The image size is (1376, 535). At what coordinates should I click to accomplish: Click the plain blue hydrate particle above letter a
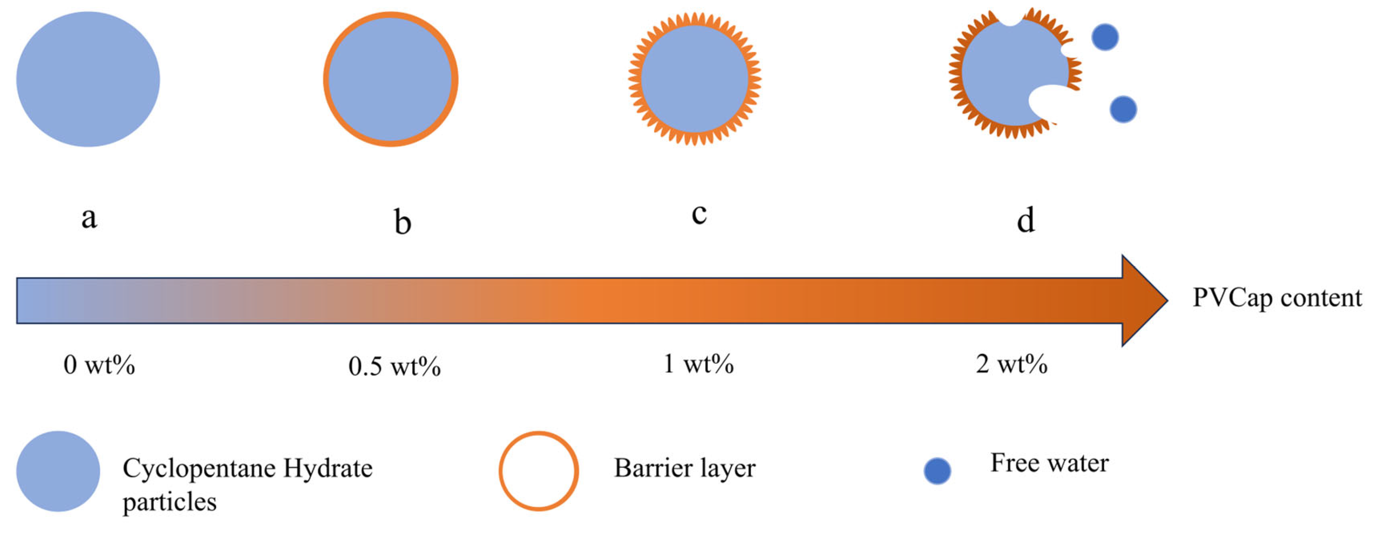tap(88, 79)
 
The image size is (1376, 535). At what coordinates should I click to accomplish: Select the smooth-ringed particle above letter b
tap(391, 79)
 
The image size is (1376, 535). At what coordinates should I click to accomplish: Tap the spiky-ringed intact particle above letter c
tap(694, 79)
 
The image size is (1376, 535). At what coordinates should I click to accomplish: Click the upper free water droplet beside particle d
tap(1105, 37)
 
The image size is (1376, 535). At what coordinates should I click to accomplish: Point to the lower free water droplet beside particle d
tap(1123, 109)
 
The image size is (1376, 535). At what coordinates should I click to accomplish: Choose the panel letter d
tap(1025, 220)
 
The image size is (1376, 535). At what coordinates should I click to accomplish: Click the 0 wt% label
tap(100, 365)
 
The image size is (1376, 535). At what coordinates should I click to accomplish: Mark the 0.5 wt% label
tap(394, 366)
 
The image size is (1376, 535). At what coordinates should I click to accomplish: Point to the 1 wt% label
tap(698, 364)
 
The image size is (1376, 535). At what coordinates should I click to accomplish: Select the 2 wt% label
tap(1011, 364)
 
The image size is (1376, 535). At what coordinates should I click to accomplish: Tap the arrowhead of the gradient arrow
tap(1143, 300)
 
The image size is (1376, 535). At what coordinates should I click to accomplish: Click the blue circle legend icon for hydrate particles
tap(58, 471)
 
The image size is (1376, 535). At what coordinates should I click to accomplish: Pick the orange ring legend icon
tap(538, 471)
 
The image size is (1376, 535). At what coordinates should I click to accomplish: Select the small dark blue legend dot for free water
tap(937, 471)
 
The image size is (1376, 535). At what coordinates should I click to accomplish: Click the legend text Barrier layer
tap(684, 468)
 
